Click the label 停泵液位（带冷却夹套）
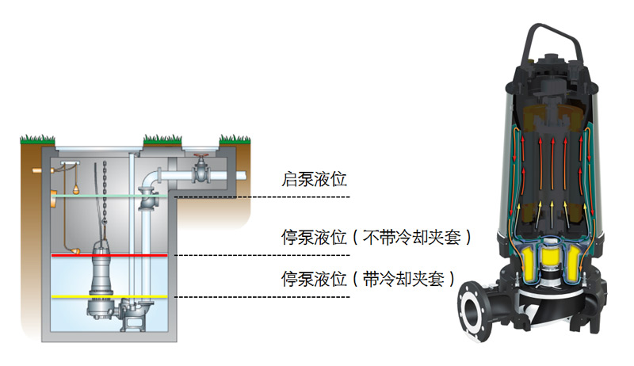[x=368, y=279]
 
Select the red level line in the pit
[x=111, y=255]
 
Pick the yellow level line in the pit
[x=111, y=296]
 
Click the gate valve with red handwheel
[x=201, y=169]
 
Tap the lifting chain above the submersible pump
[x=105, y=198]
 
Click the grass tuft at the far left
[x=31, y=139]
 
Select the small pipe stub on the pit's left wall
[x=35, y=170]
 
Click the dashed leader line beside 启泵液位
[x=262, y=196]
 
